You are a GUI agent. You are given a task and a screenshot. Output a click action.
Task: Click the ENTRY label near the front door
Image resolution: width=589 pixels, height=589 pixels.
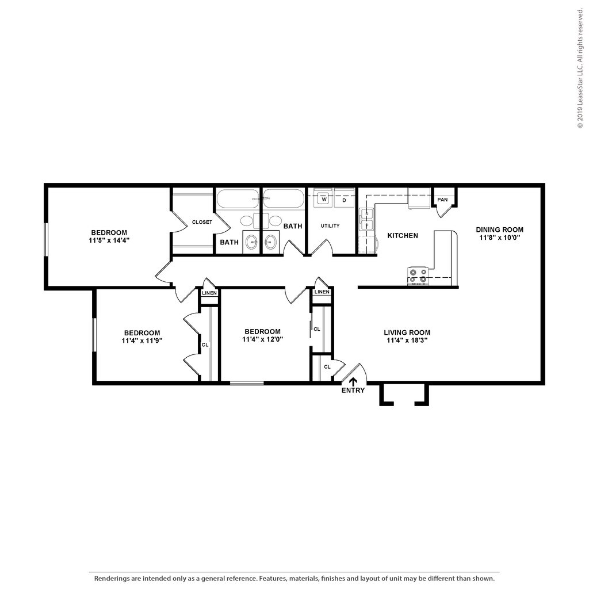click(353, 391)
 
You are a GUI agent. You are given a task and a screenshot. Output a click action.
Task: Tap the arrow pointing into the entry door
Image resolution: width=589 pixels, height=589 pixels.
click(353, 380)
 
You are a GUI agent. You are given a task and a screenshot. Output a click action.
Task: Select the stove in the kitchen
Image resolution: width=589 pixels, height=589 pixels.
click(418, 276)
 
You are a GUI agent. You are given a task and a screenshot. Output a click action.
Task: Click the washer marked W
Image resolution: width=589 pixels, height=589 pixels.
click(324, 200)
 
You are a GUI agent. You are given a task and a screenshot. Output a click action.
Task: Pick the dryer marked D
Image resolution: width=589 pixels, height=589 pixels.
click(344, 200)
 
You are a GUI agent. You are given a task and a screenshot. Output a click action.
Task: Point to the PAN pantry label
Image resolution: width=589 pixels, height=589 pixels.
click(442, 200)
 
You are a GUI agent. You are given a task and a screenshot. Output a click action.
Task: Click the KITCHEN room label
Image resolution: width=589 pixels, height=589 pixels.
click(403, 235)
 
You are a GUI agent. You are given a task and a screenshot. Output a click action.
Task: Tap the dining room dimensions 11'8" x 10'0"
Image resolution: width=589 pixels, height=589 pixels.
click(499, 237)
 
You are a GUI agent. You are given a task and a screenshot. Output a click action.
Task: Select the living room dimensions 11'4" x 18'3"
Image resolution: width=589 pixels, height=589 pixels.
click(407, 340)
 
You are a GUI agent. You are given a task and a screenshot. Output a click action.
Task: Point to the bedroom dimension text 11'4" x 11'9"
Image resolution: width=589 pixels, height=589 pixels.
click(142, 341)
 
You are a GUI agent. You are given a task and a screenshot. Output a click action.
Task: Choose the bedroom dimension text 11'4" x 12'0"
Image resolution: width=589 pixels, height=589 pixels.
click(262, 339)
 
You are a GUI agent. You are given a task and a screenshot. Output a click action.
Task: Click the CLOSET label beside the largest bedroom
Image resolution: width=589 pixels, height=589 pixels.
click(202, 222)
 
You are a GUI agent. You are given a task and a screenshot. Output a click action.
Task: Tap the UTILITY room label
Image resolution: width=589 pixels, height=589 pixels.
click(330, 226)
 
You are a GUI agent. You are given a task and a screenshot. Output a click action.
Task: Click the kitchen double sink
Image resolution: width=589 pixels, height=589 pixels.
click(365, 220)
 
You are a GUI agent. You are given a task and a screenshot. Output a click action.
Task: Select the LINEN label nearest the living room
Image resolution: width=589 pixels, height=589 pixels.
click(322, 292)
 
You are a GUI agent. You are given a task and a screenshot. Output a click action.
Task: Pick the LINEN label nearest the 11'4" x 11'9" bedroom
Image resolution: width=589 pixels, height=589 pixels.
click(209, 293)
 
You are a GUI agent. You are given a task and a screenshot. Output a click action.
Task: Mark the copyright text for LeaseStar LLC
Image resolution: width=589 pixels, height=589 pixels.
click(580, 69)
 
